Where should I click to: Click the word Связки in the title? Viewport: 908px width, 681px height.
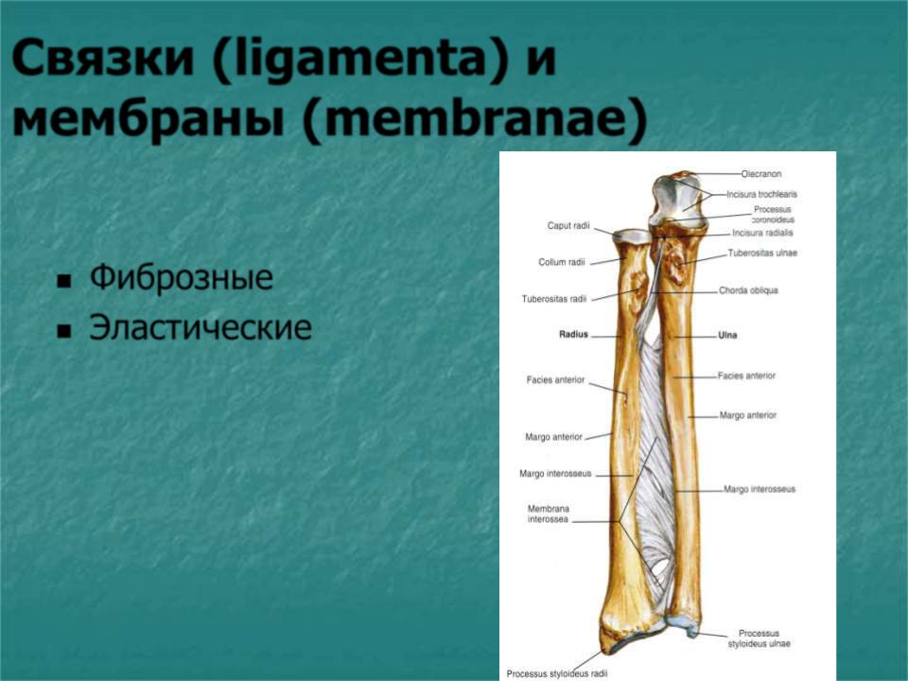[x=102, y=59]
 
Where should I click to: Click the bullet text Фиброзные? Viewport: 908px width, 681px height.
[x=182, y=277]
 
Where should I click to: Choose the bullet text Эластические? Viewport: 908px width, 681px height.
[x=201, y=327]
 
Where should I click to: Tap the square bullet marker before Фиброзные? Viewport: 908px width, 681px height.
[x=63, y=282]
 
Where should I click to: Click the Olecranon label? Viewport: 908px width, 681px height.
[x=760, y=174]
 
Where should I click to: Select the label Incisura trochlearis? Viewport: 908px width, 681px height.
[x=762, y=195]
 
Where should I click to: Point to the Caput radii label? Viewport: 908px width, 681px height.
[x=568, y=225]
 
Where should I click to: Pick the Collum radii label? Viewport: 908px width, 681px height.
[x=562, y=262]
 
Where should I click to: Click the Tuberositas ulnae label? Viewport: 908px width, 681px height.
[x=762, y=253]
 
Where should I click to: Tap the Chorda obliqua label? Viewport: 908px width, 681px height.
[x=748, y=290]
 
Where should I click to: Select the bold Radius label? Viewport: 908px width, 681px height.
[x=573, y=334]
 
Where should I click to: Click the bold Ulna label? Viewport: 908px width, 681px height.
[x=727, y=335]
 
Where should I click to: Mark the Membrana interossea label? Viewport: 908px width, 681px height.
[x=548, y=515]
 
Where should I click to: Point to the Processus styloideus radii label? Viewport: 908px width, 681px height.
[x=556, y=673]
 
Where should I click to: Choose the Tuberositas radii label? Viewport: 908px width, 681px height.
[x=554, y=299]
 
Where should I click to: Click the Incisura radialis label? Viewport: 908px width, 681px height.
[x=762, y=233]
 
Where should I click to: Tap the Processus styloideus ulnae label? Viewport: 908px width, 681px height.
[x=759, y=638]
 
